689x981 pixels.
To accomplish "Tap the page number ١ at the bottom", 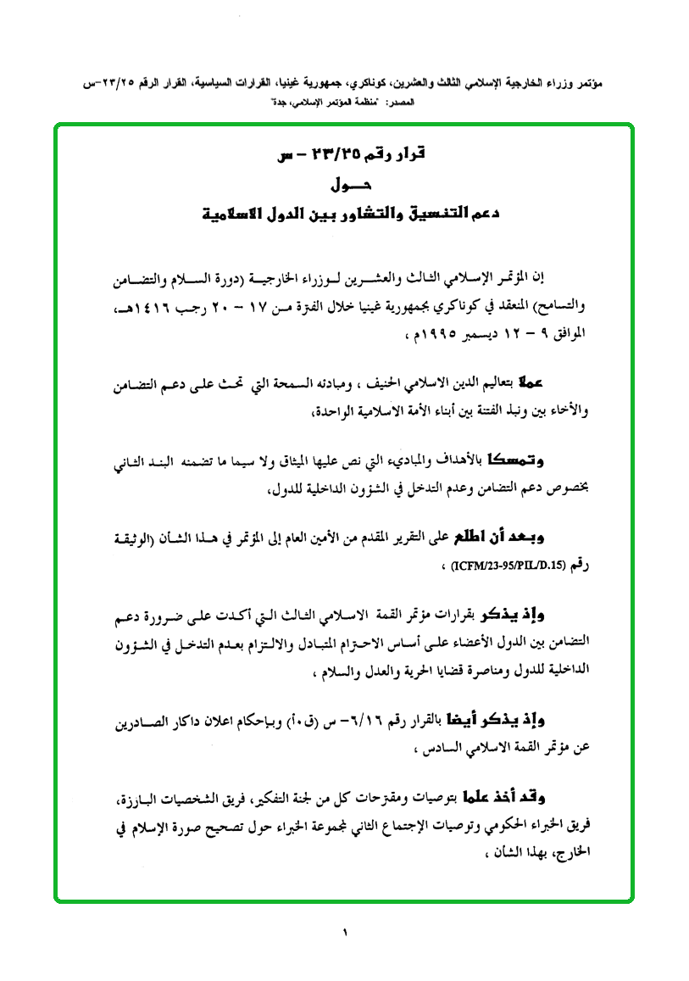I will pyautogui.click(x=345, y=934).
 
